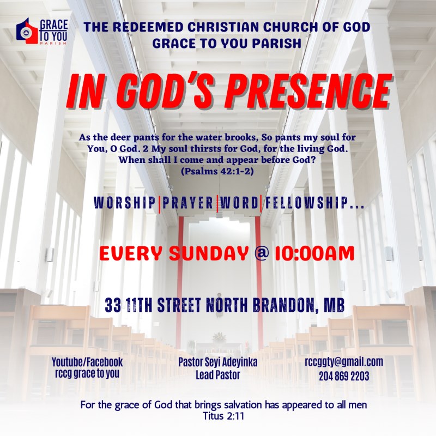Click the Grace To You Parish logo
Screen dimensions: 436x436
(x=42, y=31)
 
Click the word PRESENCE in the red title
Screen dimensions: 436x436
(x=308, y=90)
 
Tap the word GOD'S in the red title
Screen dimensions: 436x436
(x=166, y=90)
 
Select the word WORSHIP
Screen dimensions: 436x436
(x=125, y=202)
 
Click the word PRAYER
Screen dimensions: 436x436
(x=188, y=202)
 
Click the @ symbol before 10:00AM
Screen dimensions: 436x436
(x=262, y=253)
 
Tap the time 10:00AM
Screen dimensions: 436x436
(x=315, y=253)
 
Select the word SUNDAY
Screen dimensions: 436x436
(x=209, y=253)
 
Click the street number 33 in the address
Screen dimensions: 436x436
(x=113, y=305)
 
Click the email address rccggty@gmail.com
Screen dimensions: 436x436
(x=344, y=362)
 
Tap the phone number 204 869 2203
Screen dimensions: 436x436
(x=344, y=376)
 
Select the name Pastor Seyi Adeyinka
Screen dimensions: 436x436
(x=217, y=362)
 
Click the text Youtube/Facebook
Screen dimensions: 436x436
(x=87, y=362)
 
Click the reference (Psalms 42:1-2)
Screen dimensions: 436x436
(x=217, y=171)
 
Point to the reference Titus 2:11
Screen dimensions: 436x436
(x=223, y=416)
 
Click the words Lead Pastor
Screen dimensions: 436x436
(x=217, y=375)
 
